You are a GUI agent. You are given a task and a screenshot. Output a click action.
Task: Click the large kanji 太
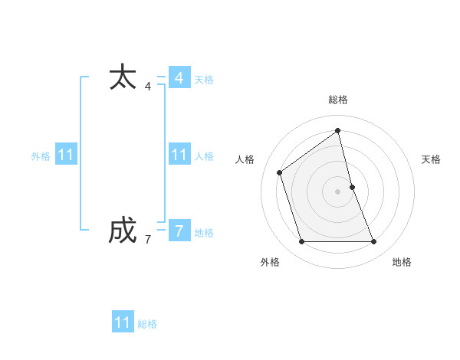coord(123,78)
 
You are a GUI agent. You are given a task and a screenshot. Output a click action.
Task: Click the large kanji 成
coord(123,231)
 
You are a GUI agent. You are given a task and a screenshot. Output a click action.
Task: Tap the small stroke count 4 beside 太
coord(148,87)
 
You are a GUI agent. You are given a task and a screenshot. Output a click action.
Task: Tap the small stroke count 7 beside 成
coord(148,240)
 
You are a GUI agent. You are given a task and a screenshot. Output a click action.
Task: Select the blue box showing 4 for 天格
coord(179,78)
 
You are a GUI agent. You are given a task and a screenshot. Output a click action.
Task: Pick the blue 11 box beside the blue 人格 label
coord(179,155)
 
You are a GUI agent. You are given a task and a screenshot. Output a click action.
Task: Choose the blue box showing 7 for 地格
coord(179,231)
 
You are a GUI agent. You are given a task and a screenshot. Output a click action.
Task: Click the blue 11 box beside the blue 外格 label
coord(66,155)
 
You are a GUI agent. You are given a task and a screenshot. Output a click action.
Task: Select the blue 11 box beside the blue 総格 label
coord(123,322)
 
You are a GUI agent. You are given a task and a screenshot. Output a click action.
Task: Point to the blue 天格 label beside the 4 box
coord(204,80)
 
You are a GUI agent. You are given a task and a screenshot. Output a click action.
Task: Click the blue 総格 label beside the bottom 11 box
coord(147,324)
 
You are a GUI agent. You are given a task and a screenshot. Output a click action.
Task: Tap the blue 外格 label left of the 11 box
coord(41,156)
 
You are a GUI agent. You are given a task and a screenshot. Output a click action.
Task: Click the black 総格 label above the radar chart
coord(338,100)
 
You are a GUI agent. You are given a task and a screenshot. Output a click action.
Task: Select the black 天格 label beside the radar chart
coord(431,159)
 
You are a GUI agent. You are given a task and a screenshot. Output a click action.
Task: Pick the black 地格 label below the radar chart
coord(402,262)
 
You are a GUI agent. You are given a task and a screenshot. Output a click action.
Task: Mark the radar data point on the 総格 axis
coord(338,130)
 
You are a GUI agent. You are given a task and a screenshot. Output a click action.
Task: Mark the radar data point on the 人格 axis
coord(280,172)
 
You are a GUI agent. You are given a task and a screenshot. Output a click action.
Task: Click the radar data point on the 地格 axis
coord(374,242)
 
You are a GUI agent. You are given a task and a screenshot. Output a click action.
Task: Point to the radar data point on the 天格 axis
coord(352,186)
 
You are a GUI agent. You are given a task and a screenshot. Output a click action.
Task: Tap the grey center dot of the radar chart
coord(338,191)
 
